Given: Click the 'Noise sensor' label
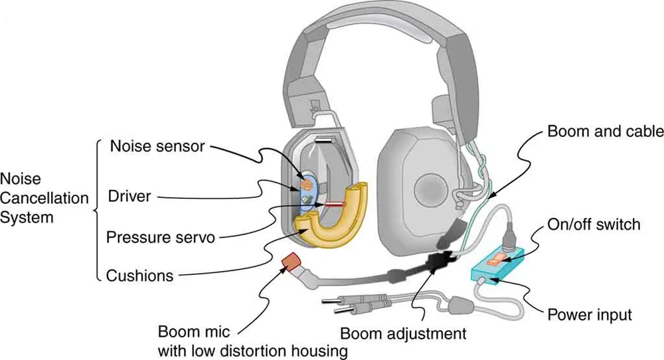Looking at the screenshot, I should (x=157, y=146).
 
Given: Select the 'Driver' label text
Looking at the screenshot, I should (x=129, y=197).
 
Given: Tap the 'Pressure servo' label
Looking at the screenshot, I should (x=161, y=236).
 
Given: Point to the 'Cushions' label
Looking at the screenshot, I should (x=140, y=275).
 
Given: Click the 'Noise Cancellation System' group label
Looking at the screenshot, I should (x=44, y=198).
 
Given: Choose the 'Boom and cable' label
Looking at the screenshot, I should (x=605, y=132).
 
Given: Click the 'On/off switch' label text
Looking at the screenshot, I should (x=594, y=224).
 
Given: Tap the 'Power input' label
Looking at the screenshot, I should (x=590, y=314).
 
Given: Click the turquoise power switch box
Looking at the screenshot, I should (x=497, y=264).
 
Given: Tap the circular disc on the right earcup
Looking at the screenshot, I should (x=432, y=190).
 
